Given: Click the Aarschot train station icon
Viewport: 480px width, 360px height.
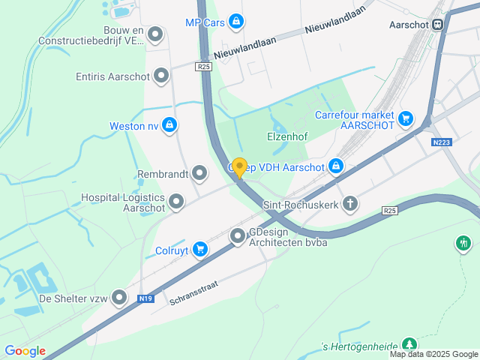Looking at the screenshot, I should pyautogui.click(x=437, y=24).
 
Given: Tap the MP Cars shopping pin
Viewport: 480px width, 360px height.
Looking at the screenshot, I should pyautogui.click(x=236, y=22).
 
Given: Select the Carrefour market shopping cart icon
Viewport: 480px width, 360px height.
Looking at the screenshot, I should pyautogui.click(x=406, y=118).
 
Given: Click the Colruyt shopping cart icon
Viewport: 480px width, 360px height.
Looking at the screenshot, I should pyautogui.click(x=199, y=249).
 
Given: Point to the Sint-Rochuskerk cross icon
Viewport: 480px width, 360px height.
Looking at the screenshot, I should pyautogui.click(x=349, y=203).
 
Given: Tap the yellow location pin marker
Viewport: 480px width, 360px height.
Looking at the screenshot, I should pyautogui.click(x=239, y=168).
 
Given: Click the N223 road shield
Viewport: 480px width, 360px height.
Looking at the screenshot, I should pyautogui.click(x=442, y=142).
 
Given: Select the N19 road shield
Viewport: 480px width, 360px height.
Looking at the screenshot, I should pyautogui.click(x=146, y=298).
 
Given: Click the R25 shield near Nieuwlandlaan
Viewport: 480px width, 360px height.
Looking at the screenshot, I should pyautogui.click(x=204, y=67).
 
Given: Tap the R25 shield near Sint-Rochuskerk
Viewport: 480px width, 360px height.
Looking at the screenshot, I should pyautogui.click(x=388, y=211).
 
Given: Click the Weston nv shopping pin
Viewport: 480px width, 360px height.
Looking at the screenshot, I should pyautogui.click(x=170, y=125).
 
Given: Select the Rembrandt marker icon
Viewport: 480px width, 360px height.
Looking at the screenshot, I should pyautogui.click(x=199, y=174).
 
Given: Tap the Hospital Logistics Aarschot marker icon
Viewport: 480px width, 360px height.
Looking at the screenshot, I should pyautogui.click(x=176, y=201).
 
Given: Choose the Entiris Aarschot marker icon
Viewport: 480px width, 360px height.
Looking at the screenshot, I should pyautogui.click(x=160, y=76).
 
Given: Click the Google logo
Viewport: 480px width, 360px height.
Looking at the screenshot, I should pyautogui.click(x=25, y=351).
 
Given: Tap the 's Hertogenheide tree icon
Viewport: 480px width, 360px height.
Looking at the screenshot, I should pyautogui.click(x=409, y=343).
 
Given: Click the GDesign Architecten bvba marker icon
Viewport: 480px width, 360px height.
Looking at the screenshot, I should pyautogui.click(x=238, y=237).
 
